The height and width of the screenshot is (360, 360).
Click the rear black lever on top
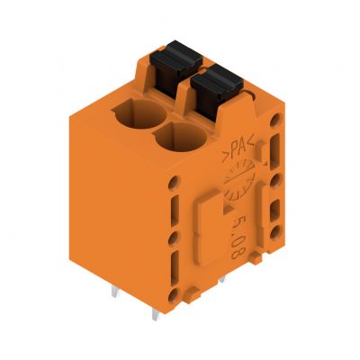175,65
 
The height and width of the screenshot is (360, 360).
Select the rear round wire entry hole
140,114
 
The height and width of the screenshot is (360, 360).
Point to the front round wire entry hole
181,137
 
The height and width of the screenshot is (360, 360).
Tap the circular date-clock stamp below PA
239,179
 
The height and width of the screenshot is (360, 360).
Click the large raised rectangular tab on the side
209,228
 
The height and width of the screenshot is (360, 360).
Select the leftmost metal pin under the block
115,292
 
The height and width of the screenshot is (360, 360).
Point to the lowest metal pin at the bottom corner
156,314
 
